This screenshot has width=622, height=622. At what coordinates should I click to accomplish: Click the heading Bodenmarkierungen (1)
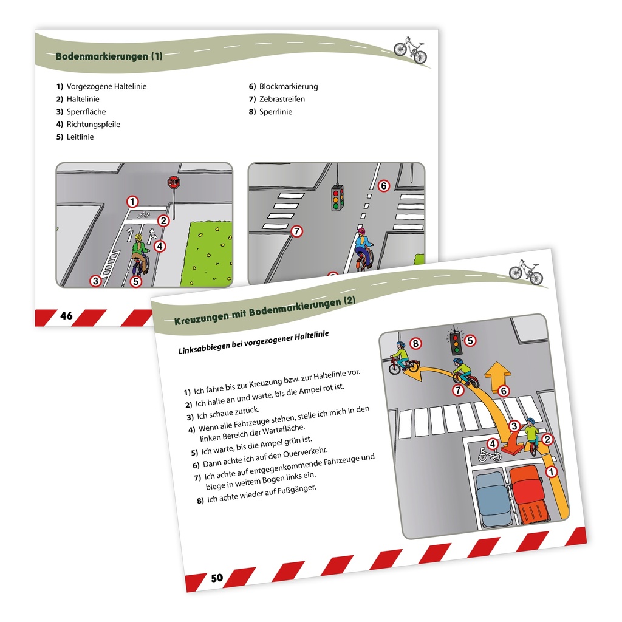(x=109, y=56)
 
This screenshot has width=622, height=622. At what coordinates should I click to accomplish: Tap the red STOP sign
(x=174, y=182)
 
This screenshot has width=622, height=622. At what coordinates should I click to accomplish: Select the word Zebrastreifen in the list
(x=282, y=99)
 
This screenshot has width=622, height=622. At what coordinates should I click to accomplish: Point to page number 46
(x=66, y=316)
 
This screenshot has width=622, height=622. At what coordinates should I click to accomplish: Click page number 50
(x=217, y=577)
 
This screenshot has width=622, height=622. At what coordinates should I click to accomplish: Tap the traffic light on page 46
(x=337, y=197)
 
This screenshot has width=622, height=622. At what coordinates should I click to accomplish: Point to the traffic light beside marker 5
(x=455, y=343)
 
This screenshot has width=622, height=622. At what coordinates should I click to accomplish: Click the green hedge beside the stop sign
(x=210, y=254)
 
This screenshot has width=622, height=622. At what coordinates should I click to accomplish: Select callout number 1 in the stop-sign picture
(x=132, y=201)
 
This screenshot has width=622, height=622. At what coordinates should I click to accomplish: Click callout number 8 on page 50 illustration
(x=415, y=344)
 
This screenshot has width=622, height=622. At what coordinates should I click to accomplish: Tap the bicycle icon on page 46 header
(x=410, y=49)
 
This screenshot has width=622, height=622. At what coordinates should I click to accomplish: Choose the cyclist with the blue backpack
(x=363, y=247)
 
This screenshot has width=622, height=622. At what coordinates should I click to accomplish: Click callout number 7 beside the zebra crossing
(x=296, y=231)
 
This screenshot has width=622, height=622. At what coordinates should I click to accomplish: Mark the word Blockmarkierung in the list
(x=288, y=86)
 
